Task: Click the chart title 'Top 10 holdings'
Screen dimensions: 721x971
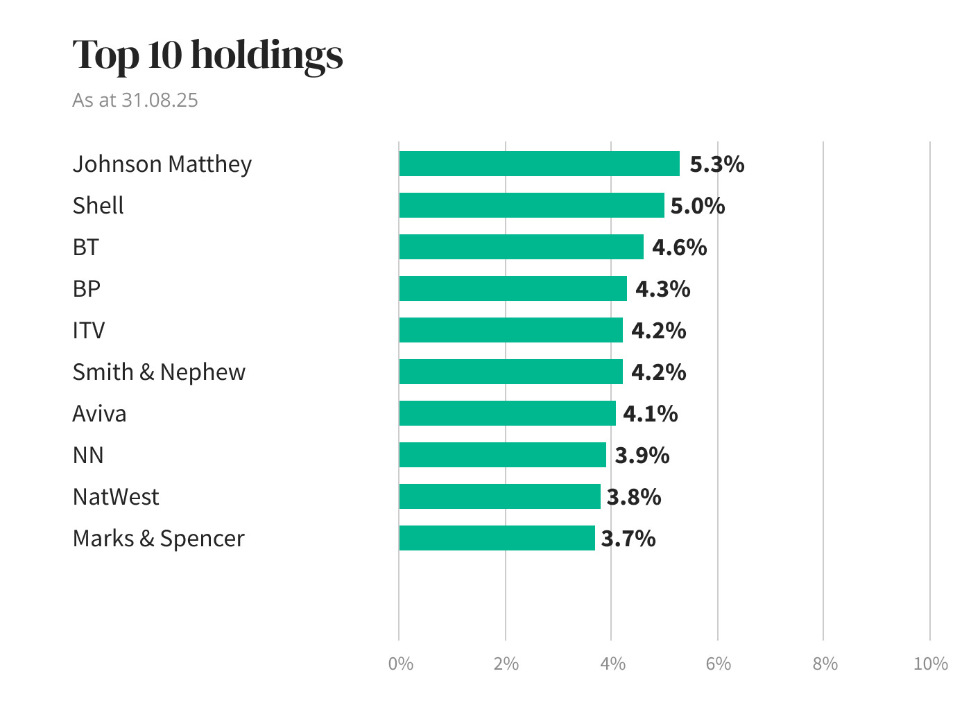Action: [207, 55]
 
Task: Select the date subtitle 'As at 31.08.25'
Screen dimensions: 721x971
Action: [135, 100]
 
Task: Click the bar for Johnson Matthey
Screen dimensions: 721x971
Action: [539, 164]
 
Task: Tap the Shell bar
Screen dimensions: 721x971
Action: [531, 205]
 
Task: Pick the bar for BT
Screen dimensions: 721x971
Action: [521, 247]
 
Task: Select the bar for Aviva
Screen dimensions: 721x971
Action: [507, 413]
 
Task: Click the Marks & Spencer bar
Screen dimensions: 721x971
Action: [497, 538]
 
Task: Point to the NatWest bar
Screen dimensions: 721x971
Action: [499, 496]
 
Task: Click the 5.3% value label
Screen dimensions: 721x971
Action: [716, 164]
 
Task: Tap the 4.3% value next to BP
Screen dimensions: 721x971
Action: [662, 289]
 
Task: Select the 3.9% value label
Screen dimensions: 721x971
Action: [642, 455]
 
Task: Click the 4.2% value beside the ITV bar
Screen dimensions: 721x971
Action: [658, 331]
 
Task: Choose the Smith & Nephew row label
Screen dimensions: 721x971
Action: [159, 372]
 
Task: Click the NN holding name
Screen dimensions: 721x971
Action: [88, 455]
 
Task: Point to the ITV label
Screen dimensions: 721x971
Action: [89, 331]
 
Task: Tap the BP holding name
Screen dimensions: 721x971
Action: [87, 289]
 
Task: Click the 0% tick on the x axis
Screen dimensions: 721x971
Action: [401, 664]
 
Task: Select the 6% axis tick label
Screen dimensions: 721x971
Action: [719, 664]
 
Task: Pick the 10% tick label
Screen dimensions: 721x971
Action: [930, 664]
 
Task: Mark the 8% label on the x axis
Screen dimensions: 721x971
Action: [825, 664]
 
